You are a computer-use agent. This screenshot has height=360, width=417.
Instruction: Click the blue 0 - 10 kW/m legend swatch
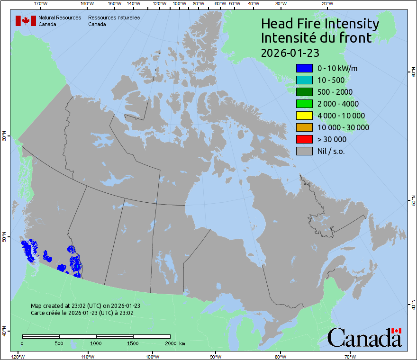(304, 68)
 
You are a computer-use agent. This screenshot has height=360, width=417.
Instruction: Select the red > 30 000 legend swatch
(304, 139)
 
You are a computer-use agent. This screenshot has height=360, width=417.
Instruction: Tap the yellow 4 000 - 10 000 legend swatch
(304, 116)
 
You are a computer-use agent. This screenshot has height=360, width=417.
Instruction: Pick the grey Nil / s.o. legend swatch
(304, 151)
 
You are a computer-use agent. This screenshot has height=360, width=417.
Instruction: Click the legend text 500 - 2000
(335, 92)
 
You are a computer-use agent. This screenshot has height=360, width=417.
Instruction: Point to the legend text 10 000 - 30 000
(343, 127)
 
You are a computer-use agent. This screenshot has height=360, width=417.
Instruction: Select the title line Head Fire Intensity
(320, 24)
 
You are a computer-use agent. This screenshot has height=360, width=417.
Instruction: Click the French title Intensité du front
(317, 38)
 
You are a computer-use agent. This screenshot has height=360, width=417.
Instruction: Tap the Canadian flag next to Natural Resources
(26, 21)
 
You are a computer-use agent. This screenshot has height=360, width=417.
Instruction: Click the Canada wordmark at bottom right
(364, 338)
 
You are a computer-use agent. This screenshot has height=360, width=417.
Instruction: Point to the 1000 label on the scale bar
(96, 343)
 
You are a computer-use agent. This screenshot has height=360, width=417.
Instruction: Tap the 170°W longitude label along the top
(41, 4)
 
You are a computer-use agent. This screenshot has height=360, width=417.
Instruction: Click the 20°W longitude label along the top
(326, 4)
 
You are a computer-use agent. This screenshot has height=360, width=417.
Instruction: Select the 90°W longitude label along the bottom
(216, 356)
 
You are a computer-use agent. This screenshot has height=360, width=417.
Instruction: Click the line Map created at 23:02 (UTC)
(85, 306)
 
